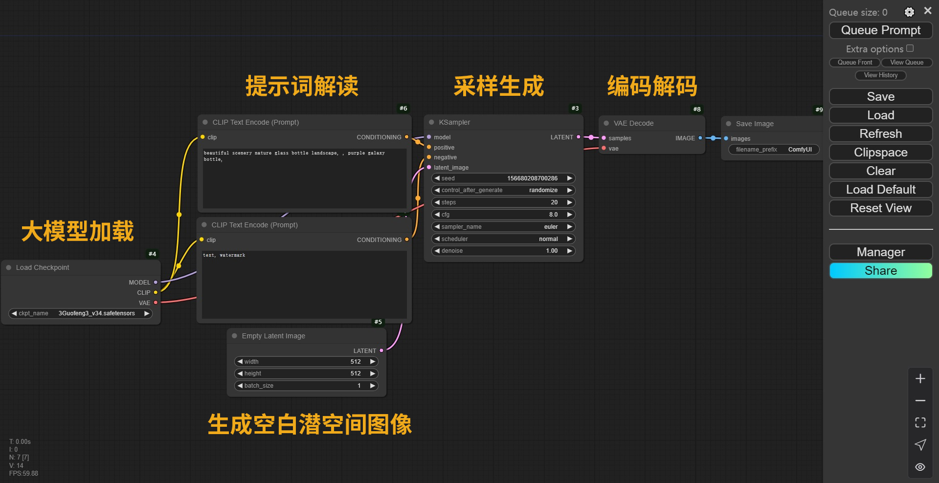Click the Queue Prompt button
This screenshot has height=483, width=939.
point(880,30)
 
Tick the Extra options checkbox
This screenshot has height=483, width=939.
point(910,48)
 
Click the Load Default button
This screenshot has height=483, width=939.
point(880,190)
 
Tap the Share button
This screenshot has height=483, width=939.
point(880,271)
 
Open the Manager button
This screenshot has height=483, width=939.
point(880,252)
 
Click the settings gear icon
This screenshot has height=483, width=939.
point(909,12)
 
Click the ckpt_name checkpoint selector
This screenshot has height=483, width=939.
point(81,313)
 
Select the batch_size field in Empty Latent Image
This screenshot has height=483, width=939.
point(306,386)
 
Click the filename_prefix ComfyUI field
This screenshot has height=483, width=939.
point(773,150)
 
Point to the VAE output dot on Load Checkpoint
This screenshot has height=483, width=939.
point(156,303)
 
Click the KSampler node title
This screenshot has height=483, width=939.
point(454,122)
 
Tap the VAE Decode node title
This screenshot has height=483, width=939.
point(633,123)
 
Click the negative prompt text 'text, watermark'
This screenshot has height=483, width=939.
point(224,255)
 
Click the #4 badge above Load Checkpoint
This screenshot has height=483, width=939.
point(153,254)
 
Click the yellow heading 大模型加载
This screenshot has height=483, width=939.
point(77,231)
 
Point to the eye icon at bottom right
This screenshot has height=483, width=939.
point(920,467)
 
